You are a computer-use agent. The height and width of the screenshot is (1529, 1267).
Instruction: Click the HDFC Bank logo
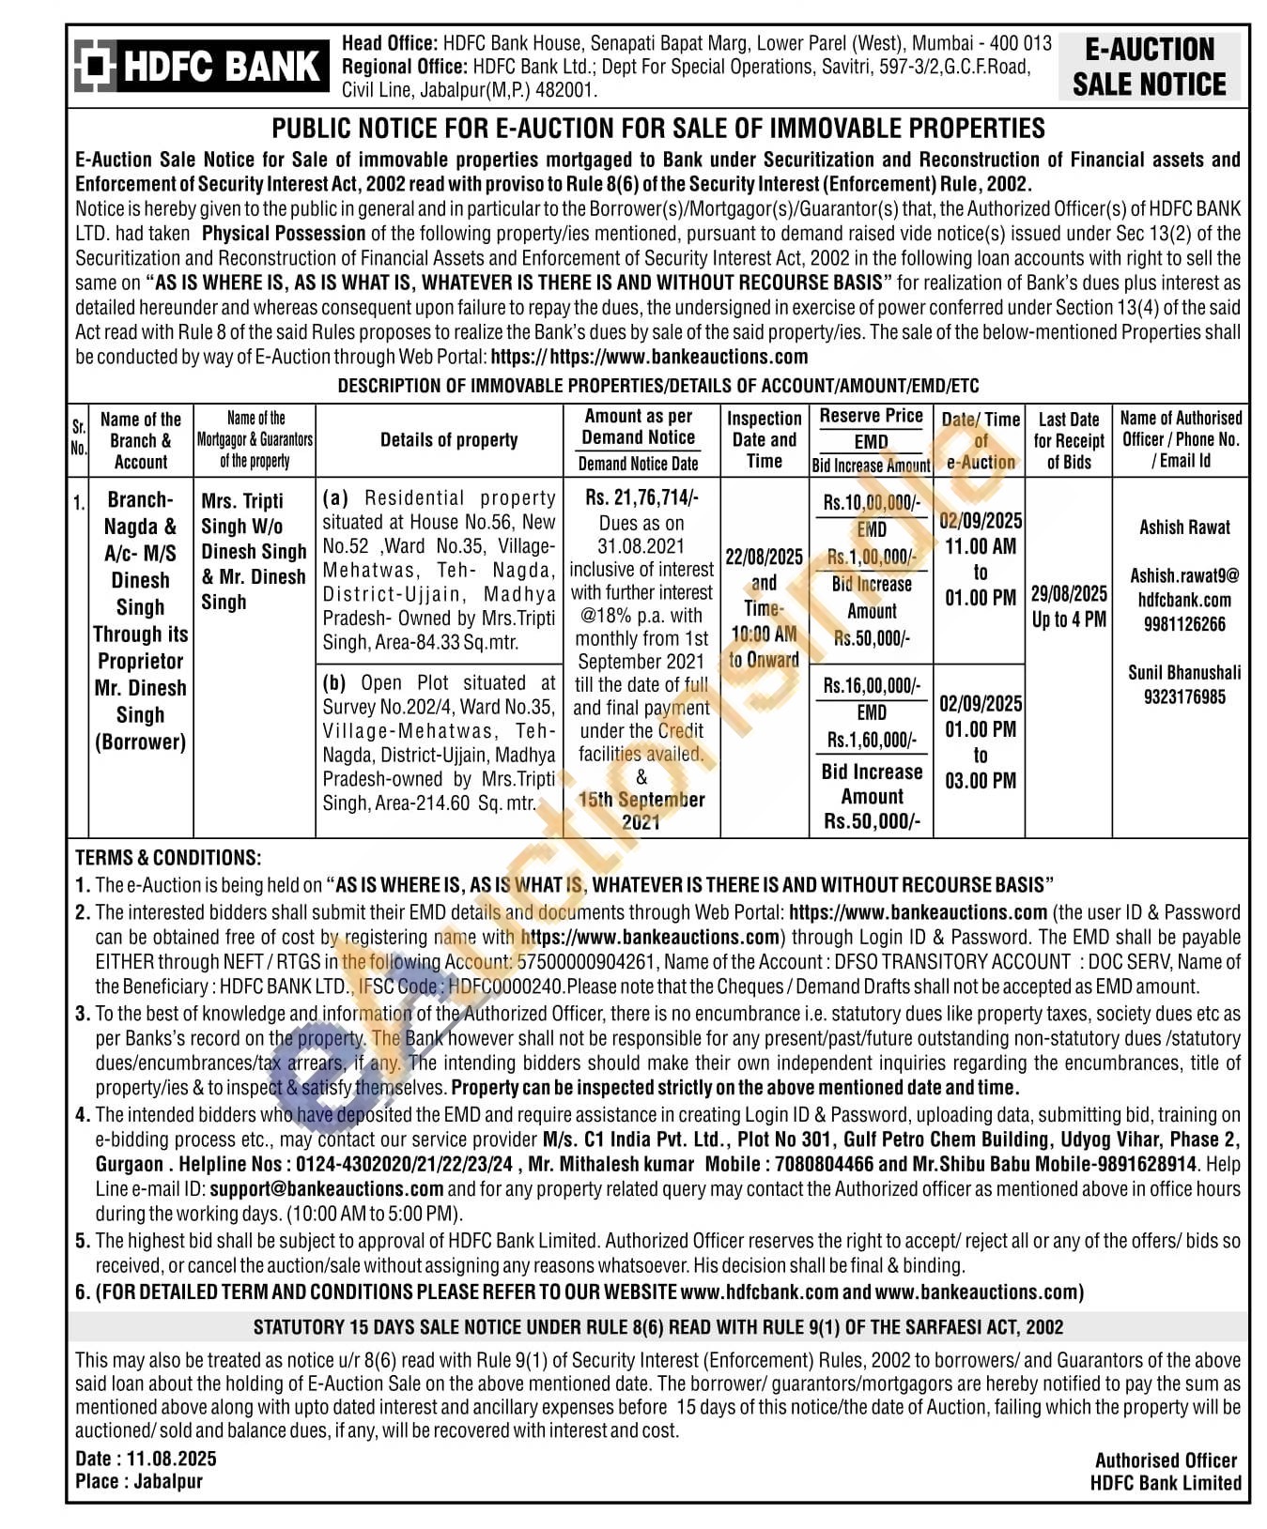click(x=201, y=66)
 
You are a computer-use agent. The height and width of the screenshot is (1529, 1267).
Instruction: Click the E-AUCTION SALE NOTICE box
click(x=1149, y=67)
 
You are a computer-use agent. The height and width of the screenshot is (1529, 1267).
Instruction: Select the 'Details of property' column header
click(x=449, y=439)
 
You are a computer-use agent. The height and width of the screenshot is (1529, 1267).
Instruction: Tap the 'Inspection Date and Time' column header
click(x=764, y=439)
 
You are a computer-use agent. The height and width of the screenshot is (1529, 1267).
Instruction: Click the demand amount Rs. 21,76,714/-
click(x=641, y=497)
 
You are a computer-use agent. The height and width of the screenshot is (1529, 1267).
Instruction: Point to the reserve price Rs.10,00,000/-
click(x=872, y=502)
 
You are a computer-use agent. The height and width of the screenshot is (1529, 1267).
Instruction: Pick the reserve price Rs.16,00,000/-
click(x=872, y=685)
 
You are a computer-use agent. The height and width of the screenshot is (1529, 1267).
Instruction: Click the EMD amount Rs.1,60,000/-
click(x=872, y=741)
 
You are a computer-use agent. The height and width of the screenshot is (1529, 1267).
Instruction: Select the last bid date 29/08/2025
click(x=1069, y=594)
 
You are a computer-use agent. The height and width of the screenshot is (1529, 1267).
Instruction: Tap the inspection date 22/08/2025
click(x=764, y=557)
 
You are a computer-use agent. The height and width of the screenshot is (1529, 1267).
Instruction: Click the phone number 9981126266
click(x=1184, y=624)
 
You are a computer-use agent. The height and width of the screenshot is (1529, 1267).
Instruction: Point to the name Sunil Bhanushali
click(x=1184, y=672)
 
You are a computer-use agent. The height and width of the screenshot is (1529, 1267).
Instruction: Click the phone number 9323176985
click(x=1184, y=696)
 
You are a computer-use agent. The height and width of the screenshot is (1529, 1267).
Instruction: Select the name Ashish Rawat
click(x=1184, y=528)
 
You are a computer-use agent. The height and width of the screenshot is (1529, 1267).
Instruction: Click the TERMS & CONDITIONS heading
click(x=168, y=857)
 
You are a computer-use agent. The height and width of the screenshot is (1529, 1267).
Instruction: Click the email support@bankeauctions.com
click(x=327, y=1188)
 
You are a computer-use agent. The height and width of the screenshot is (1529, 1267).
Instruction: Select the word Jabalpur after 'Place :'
click(x=168, y=1481)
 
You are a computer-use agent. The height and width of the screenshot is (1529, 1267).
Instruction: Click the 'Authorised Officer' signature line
click(x=1166, y=1460)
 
